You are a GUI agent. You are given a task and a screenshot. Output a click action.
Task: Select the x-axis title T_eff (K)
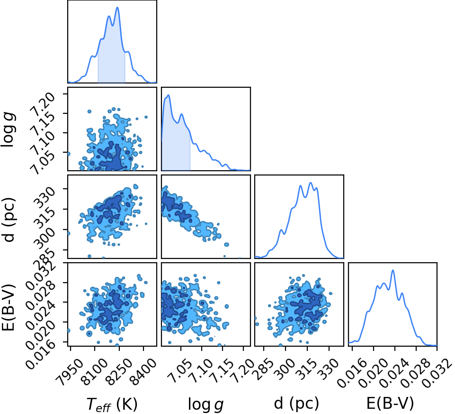coord(112,404)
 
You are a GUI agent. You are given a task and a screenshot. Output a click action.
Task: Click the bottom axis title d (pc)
coord(296,403)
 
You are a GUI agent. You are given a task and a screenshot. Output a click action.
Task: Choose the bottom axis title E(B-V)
coord(390,403)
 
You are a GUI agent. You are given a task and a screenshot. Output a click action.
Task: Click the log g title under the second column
coord(206,404)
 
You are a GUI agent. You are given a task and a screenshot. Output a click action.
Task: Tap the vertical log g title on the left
coord(9,129)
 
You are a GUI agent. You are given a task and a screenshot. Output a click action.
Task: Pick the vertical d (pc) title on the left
coord(9,220)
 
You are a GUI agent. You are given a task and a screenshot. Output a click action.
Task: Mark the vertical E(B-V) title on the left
coord(9,307)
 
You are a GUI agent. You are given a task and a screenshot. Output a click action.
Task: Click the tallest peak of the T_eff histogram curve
coord(117,7)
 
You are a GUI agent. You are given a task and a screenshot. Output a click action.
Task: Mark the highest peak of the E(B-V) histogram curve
coord(393,270)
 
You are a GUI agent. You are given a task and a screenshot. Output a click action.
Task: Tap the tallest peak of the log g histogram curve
coord(168,95)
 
